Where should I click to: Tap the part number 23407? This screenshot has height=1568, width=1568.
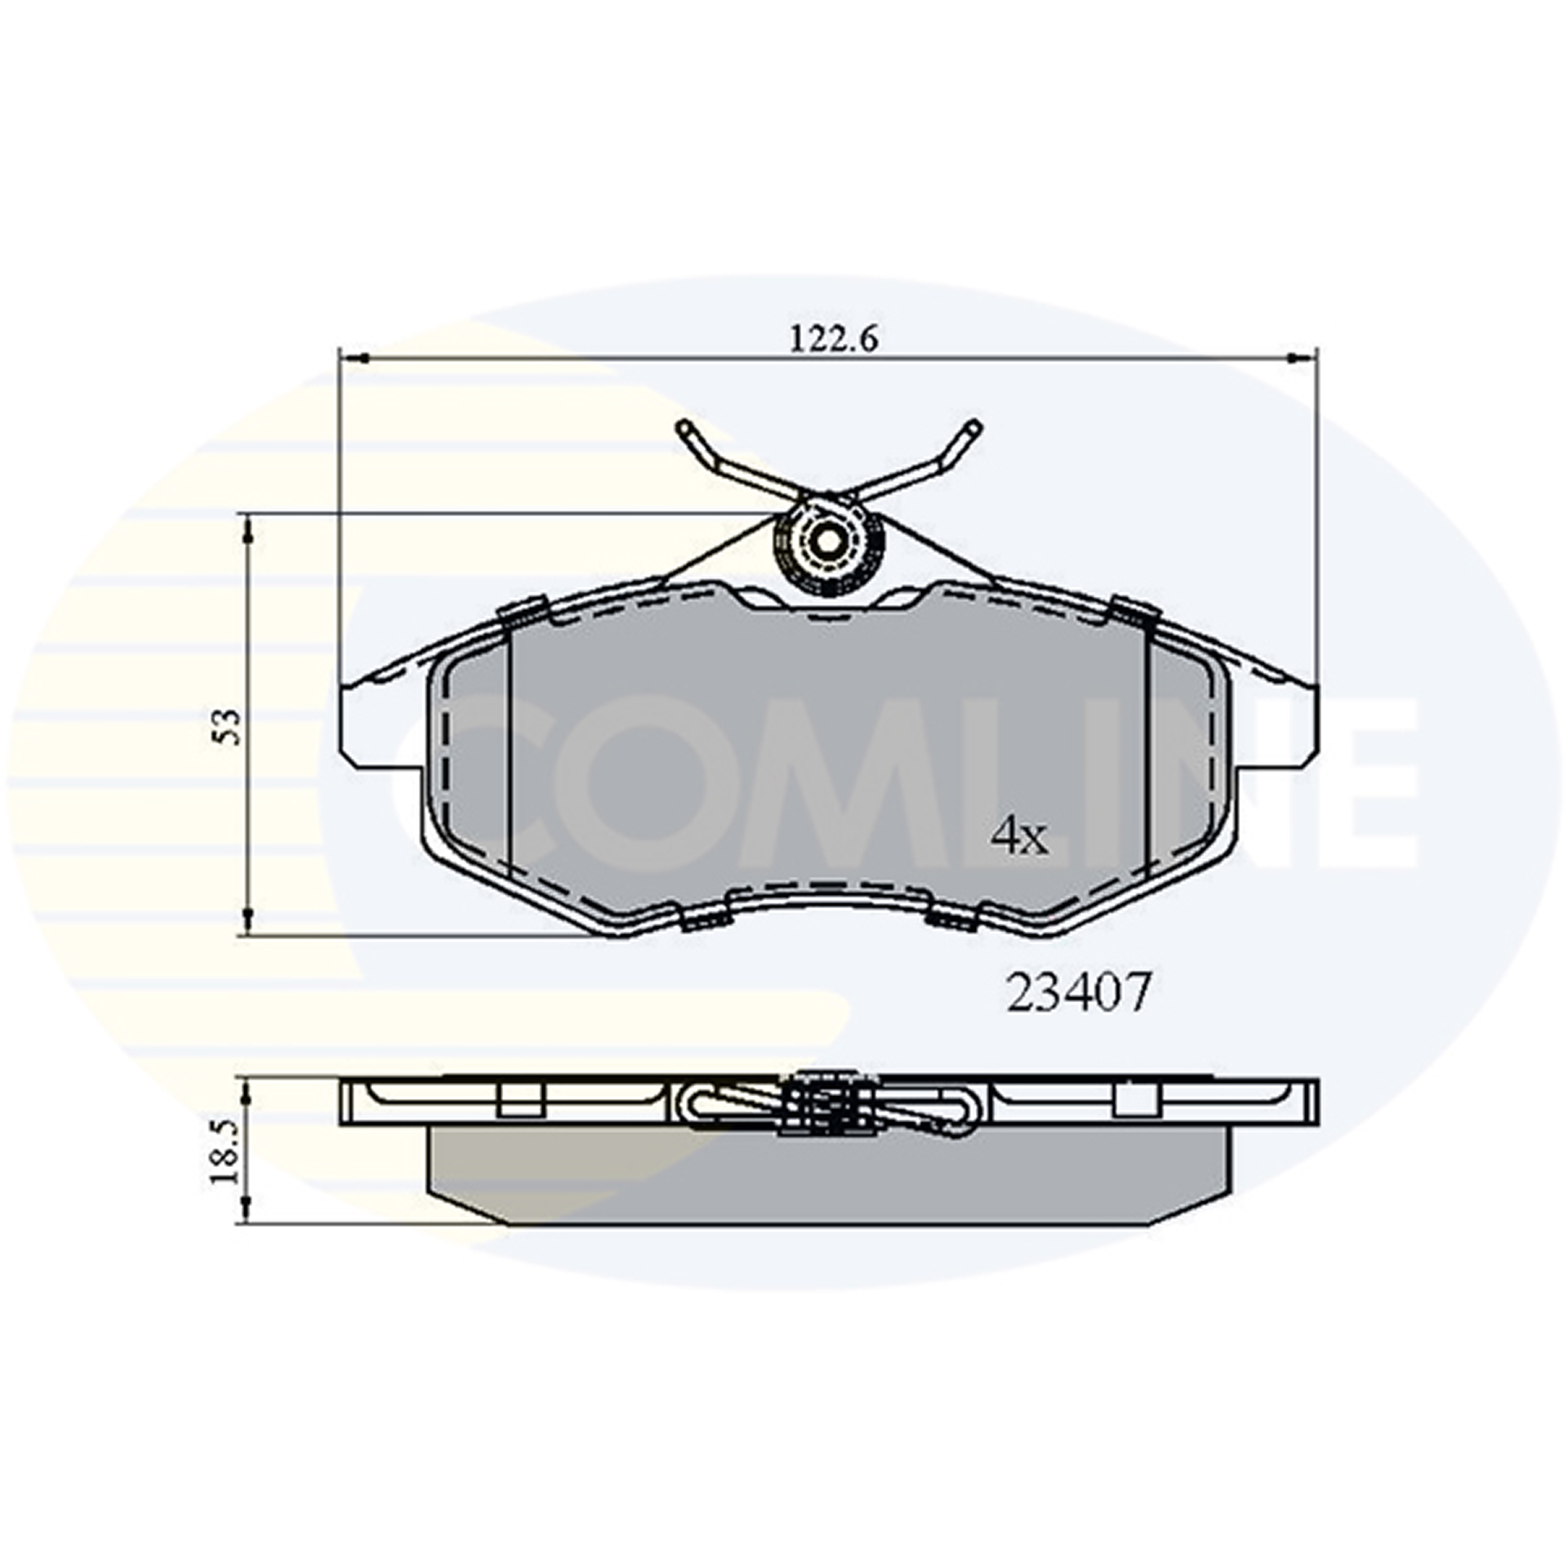click(x=1078, y=993)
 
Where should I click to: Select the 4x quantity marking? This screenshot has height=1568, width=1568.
click(x=1018, y=837)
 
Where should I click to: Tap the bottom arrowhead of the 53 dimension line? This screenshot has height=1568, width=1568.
click(x=248, y=920)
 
